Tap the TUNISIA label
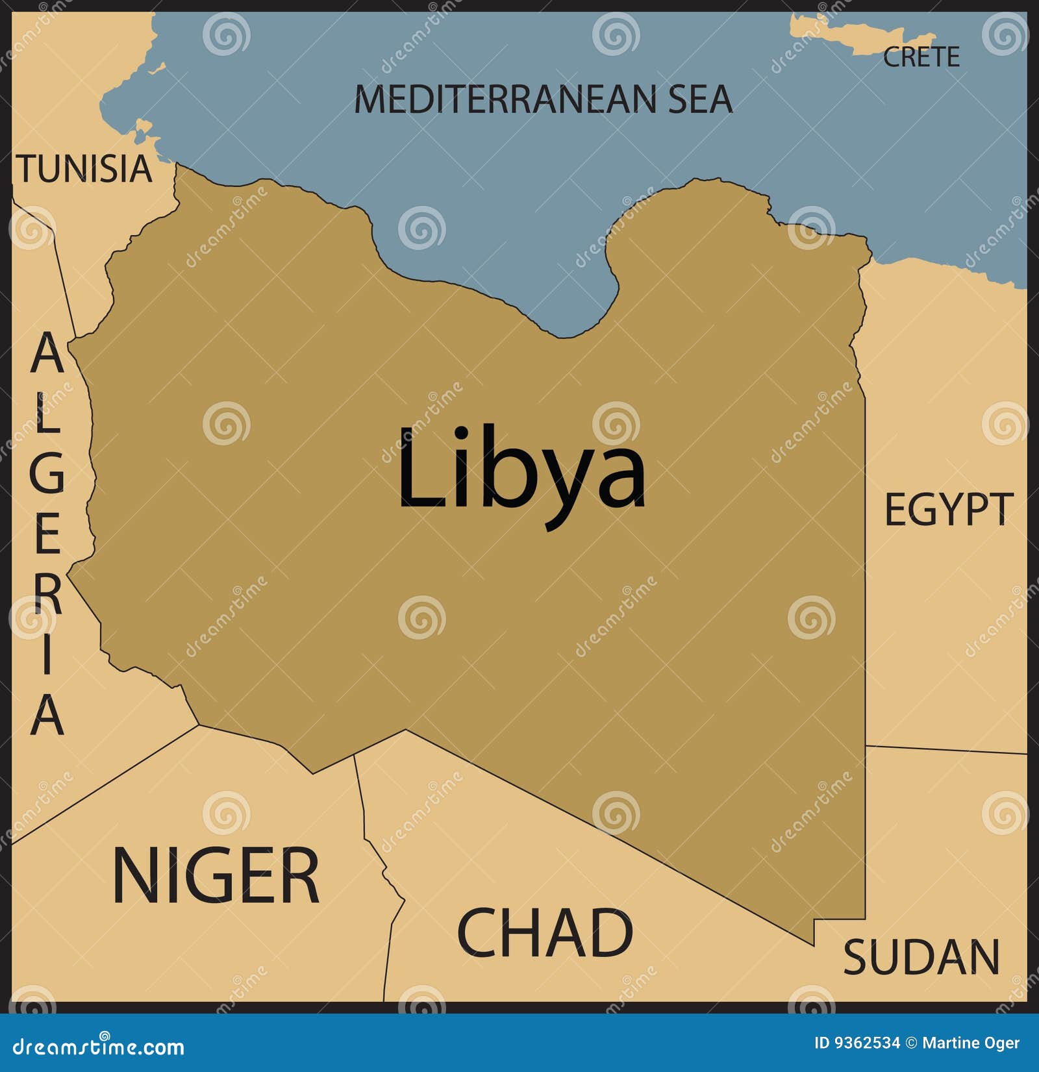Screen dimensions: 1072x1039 [84, 169]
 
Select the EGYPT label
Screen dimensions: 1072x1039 [948, 510]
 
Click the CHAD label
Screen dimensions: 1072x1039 [545, 933]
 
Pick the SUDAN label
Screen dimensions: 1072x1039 [921, 957]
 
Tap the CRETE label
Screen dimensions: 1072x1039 [921, 57]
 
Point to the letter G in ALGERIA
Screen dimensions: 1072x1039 [47, 472]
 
